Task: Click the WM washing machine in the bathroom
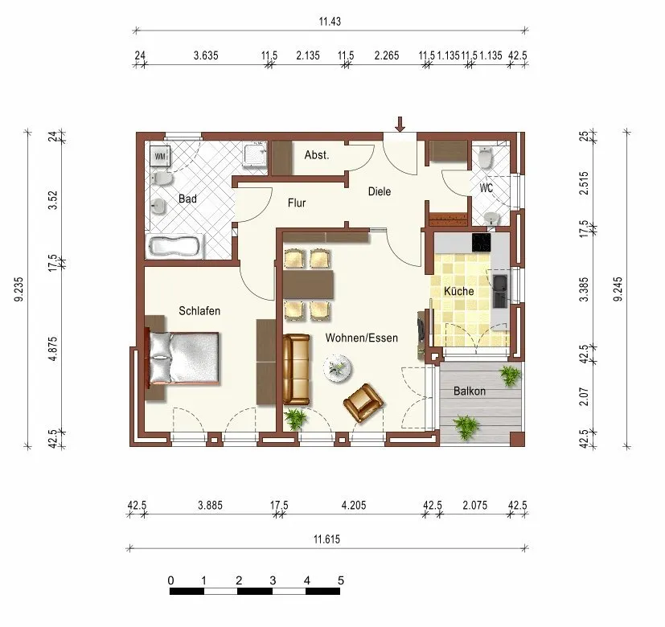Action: click(x=160, y=156)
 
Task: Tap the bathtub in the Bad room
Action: click(x=174, y=247)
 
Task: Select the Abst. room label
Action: click(x=317, y=155)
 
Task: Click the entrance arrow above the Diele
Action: click(x=400, y=124)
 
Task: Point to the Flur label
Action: click(x=297, y=203)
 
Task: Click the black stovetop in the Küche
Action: click(x=482, y=242)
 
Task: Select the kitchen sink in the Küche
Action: click(x=499, y=291)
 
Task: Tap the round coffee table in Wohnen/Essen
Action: click(x=337, y=369)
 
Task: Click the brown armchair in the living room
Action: click(x=363, y=403)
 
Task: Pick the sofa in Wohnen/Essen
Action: click(x=296, y=369)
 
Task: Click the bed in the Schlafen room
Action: click(x=183, y=358)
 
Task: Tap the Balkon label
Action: click(x=469, y=391)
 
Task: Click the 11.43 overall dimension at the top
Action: click(x=330, y=21)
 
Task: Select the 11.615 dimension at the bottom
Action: click(x=326, y=539)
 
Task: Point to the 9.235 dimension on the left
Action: click(x=18, y=289)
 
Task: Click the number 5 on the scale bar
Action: click(x=341, y=580)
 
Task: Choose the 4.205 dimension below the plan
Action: click(x=354, y=505)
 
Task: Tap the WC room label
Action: click(x=486, y=187)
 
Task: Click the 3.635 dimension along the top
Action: click(x=206, y=55)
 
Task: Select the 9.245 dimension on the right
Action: click(x=618, y=289)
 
